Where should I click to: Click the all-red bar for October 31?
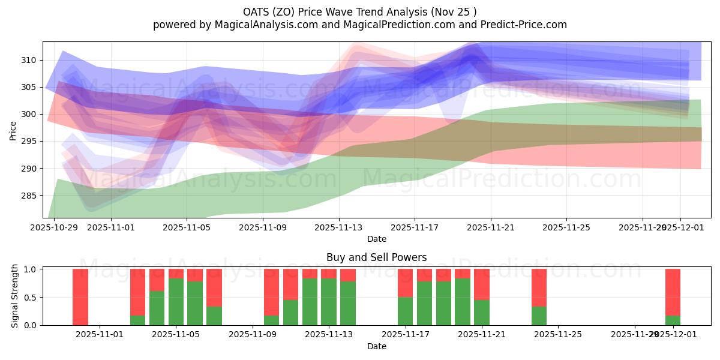coord(80,297)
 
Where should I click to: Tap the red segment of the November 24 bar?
coord(539,287)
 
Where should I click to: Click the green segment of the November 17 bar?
coord(405,311)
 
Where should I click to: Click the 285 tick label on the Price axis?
coord(29,196)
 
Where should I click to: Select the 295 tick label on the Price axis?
coord(29,142)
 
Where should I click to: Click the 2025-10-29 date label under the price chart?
coord(55,228)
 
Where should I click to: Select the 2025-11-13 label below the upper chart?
coord(338,228)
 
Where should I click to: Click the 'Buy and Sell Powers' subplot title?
coord(376,257)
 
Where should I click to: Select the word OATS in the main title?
coord(256,12)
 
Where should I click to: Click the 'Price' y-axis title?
coord(13,130)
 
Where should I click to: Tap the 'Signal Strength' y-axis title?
coord(15,297)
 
